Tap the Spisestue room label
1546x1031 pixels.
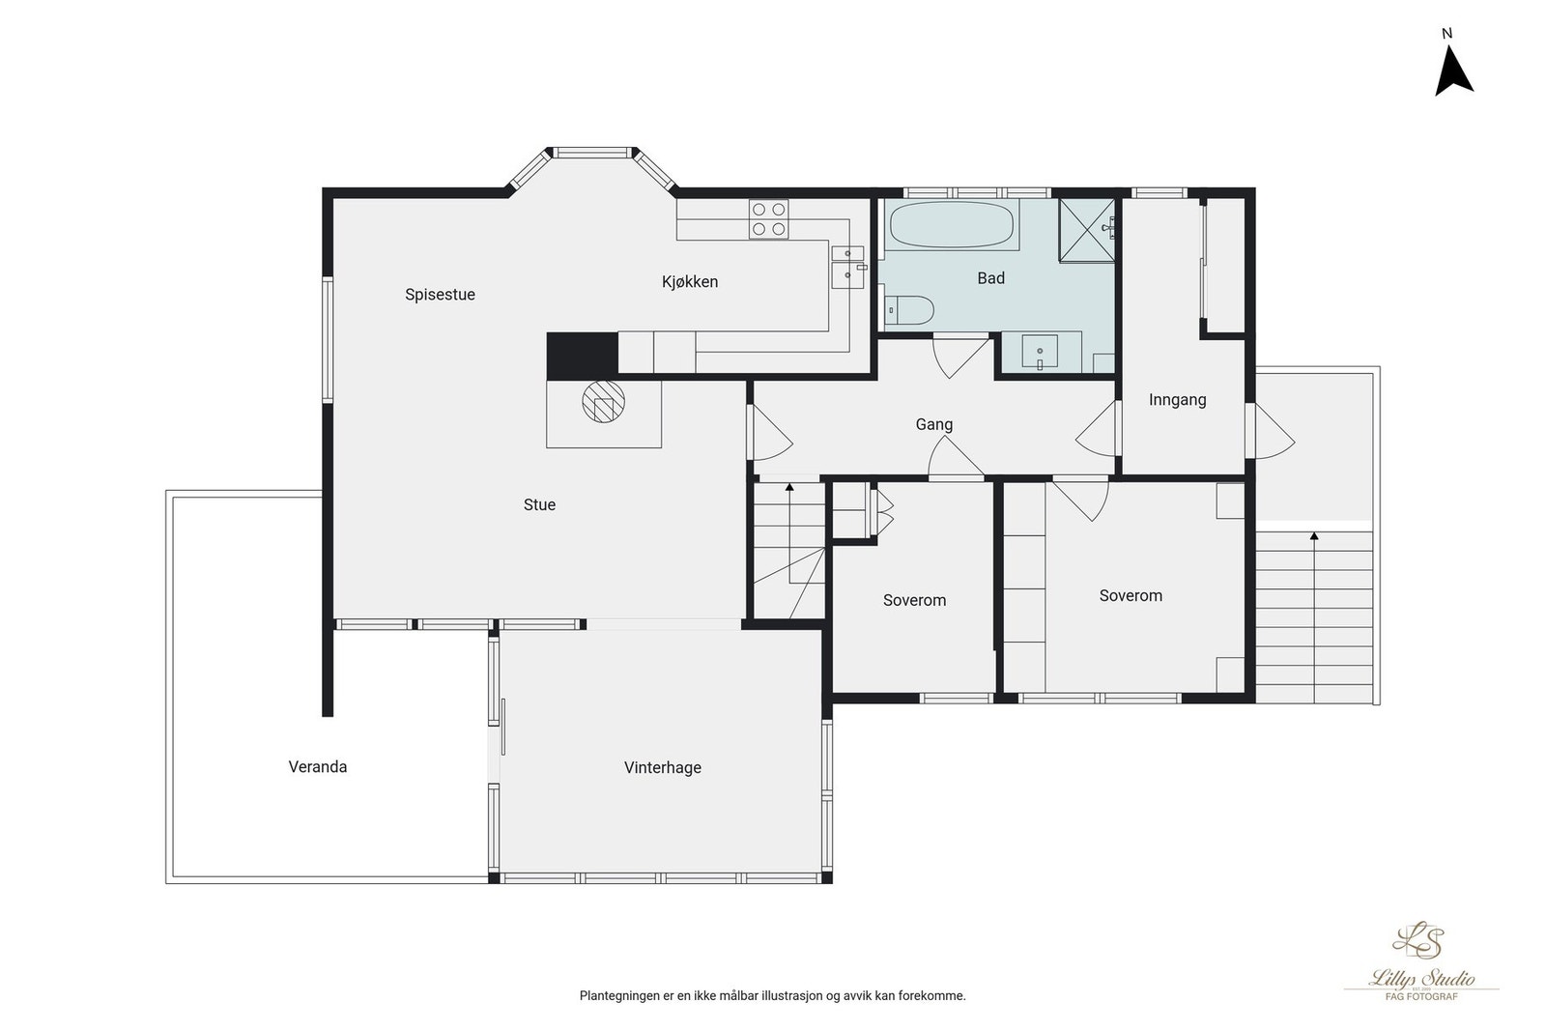click(440, 295)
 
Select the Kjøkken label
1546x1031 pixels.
click(690, 281)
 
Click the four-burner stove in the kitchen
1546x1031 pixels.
click(769, 218)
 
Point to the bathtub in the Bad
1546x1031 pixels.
click(951, 224)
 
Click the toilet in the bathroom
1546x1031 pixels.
click(909, 310)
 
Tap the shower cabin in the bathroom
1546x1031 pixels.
click(1087, 231)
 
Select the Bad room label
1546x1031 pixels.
click(990, 278)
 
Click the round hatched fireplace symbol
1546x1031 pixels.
click(603, 401)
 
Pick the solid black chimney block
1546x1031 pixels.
click(582, 355)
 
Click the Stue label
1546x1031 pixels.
click(539, 504)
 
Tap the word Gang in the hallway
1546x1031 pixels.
click(933, 424)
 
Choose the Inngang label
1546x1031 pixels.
click(1178, 400)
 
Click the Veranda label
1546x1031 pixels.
click(318, 766)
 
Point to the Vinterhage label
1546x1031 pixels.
click(663, 767)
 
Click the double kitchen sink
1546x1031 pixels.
click(848, 267)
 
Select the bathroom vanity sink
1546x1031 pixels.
click(1040, 352)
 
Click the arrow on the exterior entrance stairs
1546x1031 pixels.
click(1314, 617)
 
